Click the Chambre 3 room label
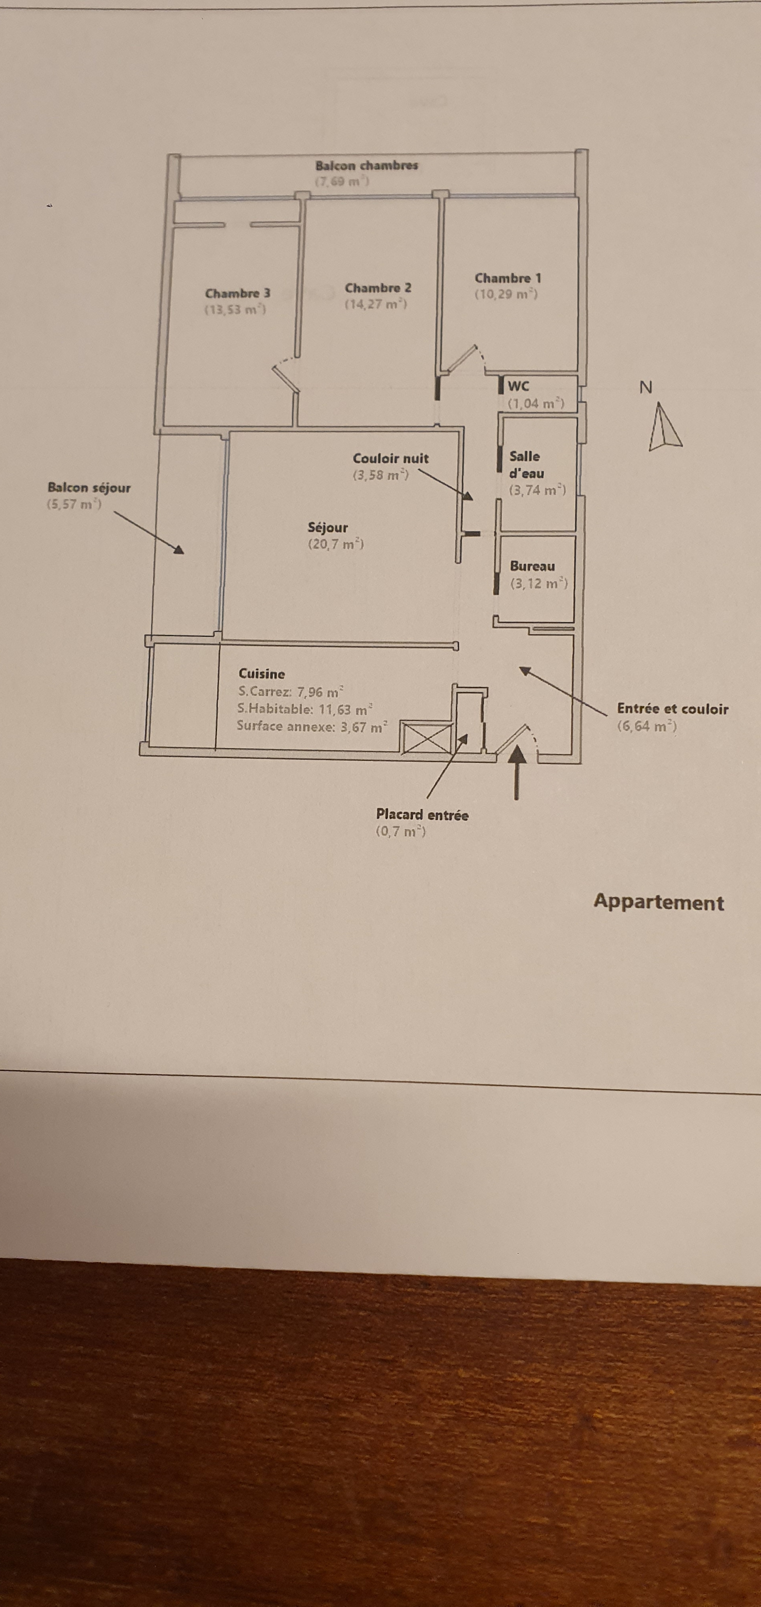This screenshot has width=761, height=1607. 237,293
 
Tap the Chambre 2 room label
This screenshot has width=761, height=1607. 378,288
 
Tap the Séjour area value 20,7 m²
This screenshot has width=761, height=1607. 336,544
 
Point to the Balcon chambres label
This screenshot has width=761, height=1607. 366,166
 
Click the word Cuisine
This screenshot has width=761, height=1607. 262,674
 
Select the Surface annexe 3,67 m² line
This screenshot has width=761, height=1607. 312,726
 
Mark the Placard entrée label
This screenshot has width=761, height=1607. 422,815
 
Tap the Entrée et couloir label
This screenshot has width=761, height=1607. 673,709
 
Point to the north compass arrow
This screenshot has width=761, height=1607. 663,427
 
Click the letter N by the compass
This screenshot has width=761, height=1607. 646,387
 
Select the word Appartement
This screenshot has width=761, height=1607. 659,903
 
